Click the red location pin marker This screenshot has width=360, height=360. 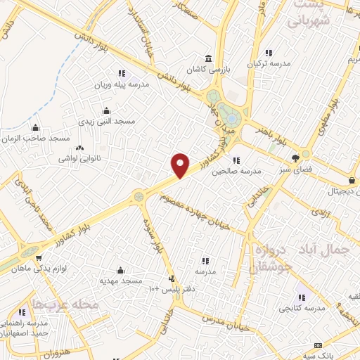[x=181, y=165]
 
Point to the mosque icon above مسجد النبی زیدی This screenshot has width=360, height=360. [x=106, y=110]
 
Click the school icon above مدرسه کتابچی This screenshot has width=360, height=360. [x=302, y=297]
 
